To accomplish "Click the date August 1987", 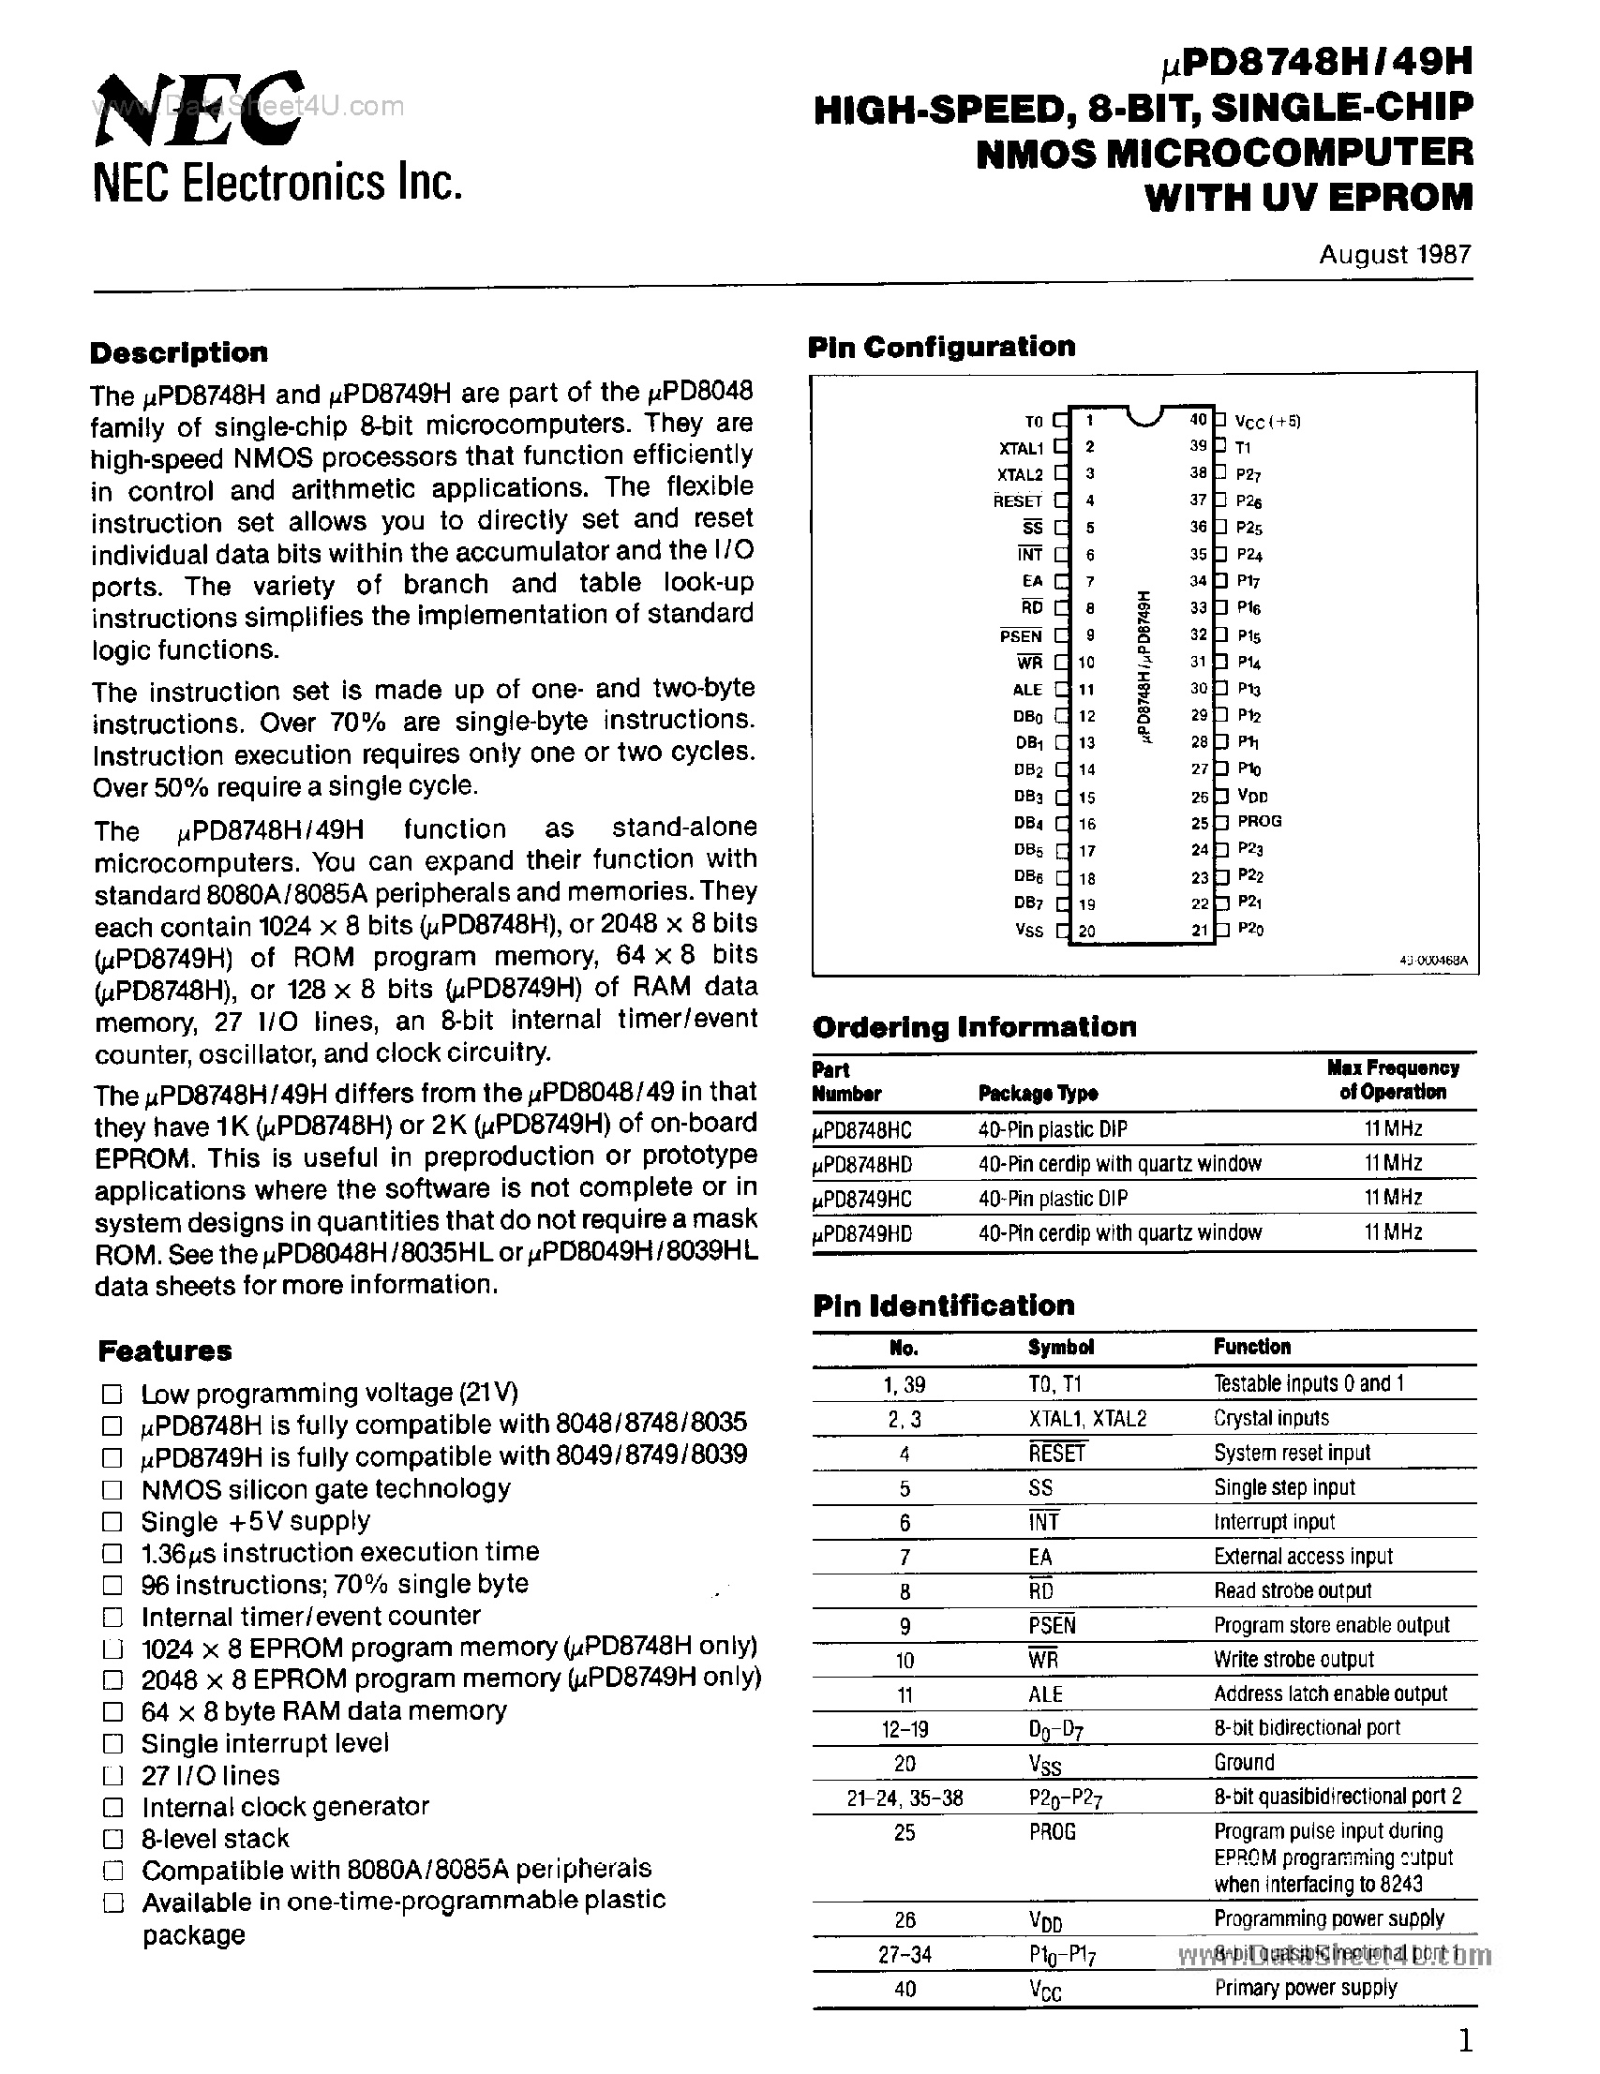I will click(1394, 255).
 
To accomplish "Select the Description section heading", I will click(178, 353).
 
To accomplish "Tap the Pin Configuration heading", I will click(941, 348).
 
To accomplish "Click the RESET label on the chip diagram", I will click(1017, 501).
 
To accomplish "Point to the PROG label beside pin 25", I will click(1259, 821).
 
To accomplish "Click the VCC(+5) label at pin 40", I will click(1267, 422).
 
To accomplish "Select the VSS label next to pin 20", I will click(1028, 931).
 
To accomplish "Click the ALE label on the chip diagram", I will click(1027, 691).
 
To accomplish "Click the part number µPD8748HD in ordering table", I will click(862, 1164).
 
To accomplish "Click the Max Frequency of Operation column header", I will click(1392, 1081).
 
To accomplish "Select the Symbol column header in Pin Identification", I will click(1061, 1348).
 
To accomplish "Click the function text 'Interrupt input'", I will click(1274, 1522).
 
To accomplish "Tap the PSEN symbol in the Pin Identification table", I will click(1051, 1626).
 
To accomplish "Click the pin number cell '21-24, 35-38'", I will click(905, 1798).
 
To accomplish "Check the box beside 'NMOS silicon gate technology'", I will click(112, 1490).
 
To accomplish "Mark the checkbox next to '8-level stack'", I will click(112, 1840).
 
